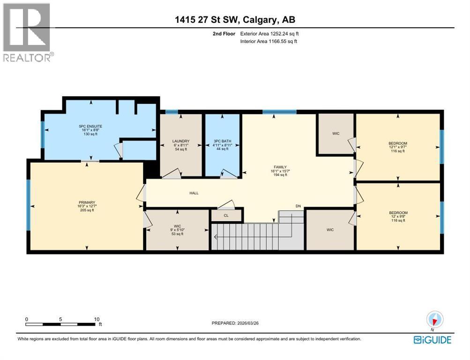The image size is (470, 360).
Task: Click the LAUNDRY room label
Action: pyautogui.click(x=180, y=141)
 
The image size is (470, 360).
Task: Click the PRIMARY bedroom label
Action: pyautogui.click(x=87, y=202)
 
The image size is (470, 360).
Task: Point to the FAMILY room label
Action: pyautogui.click(x=280, y=167)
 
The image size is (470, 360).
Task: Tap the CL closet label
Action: pyautogui.click(x=226, y=216)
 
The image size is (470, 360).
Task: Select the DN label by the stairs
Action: pyautogui.click(x=298, y=206)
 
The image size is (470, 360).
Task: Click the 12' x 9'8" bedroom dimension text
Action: pyautogui.click(x=398, y=217)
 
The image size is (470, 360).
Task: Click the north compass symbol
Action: pyautogui.click(x=434, y=321)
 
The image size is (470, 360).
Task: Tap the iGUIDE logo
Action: pyautogui.click(x=433, y=340)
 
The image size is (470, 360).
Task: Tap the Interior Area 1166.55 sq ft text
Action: pyautogui.click(x=269, y=41)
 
